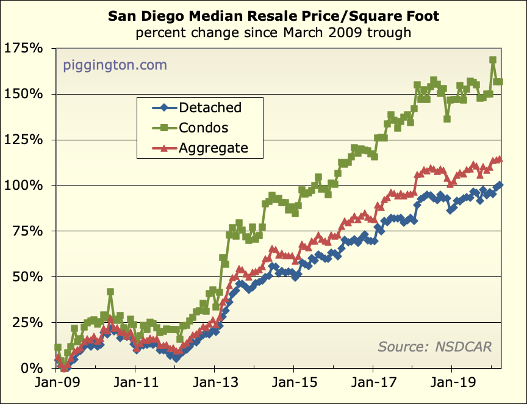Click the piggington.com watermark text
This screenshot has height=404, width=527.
pyautogui.click(x=115, y=65)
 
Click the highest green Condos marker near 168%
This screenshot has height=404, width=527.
pyautogui.click(x=493, y=60)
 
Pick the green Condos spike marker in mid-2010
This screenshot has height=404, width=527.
pyautogui.click(x=110, y=292)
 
